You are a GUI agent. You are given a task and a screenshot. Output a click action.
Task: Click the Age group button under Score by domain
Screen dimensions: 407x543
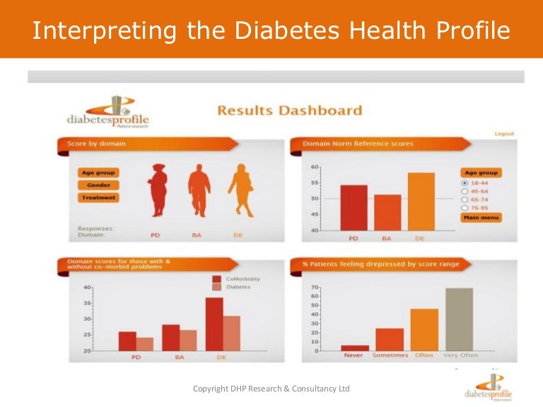[98, 172]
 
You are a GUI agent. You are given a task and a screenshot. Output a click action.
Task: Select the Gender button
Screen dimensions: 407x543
[98, 185]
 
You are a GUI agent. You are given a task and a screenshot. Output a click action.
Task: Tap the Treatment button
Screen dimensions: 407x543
[98, 198]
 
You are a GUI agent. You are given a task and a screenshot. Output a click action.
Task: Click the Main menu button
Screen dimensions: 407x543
[480, 218]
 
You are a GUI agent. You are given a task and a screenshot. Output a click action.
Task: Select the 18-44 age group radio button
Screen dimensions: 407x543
[465, 182]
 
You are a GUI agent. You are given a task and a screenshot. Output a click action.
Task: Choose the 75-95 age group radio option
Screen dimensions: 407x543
[465, 208]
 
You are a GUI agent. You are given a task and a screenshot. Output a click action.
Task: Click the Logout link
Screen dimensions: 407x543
[504, 134]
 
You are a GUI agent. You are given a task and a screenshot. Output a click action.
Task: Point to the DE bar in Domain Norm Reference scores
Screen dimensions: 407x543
[421, 202]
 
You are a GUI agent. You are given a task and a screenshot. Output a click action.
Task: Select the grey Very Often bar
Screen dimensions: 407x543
[459, 319]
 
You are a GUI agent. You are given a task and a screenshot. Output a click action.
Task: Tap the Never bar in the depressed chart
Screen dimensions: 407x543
[354, 348]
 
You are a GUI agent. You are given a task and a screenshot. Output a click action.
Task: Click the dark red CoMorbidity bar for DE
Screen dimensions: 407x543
[214, 324]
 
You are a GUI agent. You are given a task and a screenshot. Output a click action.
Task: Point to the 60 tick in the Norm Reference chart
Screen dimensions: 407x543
[315, 167]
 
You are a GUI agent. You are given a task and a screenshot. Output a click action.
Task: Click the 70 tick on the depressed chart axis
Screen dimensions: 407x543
[315, 288]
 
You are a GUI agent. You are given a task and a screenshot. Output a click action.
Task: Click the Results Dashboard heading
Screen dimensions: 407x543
[289, 110]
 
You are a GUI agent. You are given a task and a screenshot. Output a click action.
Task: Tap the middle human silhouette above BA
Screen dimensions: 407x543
[199, 189]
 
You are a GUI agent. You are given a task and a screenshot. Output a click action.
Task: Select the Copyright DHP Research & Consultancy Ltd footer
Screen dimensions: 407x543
[271, 389]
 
